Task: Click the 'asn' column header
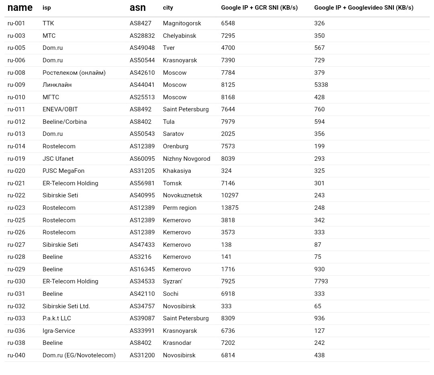[x=137, y=8]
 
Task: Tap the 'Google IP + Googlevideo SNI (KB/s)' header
[x=363, y=8]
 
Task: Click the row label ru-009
[x=16, y=85]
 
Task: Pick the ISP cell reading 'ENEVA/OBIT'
[x=60, y=109]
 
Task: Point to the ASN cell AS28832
[x=142, y=36]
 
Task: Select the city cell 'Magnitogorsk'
[x=182, y=23]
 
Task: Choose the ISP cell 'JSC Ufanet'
[x=58, y=159]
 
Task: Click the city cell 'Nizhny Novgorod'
[x=186, y=159]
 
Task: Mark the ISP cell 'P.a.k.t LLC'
[x=57, y=318]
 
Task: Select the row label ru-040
[x=16, y=355]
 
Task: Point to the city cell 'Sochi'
[x=170, y=294]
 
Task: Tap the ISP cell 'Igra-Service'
[x=59, y=331]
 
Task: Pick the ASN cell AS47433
[x=142, y=245]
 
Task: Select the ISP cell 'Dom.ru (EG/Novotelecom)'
[x=79, y=355]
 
